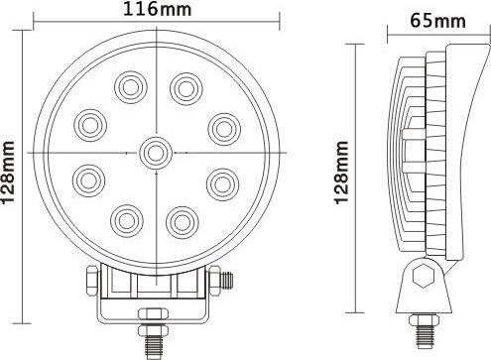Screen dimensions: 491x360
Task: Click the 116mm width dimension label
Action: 157,9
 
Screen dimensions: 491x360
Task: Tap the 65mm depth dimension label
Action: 437,21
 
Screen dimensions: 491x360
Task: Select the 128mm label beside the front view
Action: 8,173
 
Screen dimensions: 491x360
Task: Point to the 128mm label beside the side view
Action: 341,173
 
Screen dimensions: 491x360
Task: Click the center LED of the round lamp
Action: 156,153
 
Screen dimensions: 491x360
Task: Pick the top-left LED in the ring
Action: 131,87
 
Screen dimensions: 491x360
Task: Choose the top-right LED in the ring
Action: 186,88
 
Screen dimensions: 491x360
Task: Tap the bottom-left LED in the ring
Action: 127,220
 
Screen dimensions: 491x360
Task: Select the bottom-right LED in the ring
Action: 183,222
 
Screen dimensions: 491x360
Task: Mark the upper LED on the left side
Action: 90,125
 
